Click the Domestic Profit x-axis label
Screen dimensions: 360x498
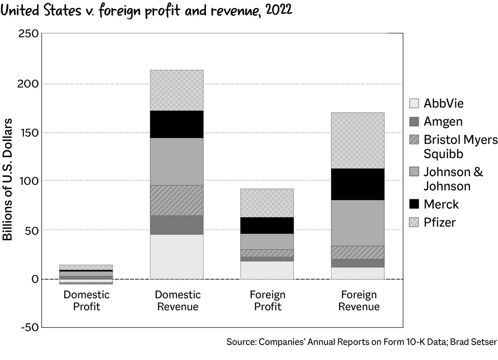pos(86,301)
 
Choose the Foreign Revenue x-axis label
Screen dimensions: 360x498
pos(359,301)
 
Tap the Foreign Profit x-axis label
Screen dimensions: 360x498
pos(268,301)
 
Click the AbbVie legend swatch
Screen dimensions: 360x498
pos(414,103)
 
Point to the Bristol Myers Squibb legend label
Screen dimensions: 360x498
pos(460,146)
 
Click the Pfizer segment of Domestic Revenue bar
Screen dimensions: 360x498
pos(177,90)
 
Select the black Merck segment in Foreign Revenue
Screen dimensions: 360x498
pos(359,184)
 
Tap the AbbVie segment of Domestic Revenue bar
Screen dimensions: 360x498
pos(177,256)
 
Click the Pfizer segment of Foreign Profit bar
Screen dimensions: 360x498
pos(268,203)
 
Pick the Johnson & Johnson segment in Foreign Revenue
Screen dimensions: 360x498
pos(359,222)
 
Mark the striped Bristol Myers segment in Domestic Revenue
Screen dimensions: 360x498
pos(177,200)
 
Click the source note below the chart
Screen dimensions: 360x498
pos(362,342)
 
